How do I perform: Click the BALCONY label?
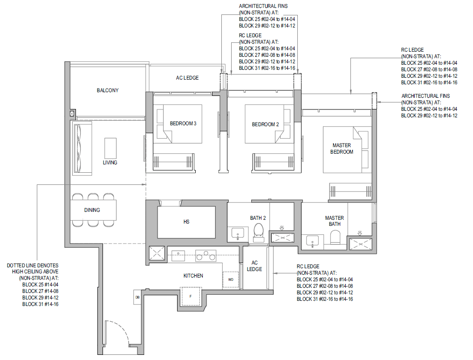107,90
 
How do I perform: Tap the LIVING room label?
110,163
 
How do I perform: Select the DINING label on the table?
92,210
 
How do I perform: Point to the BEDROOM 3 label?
183,123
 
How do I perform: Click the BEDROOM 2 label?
266,124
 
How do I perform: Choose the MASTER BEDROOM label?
342,149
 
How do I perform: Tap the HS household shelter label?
186,222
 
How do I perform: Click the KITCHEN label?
193,276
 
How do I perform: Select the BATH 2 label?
258,218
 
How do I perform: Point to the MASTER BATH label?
334,221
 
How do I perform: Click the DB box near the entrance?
137,297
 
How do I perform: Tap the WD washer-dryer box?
231,279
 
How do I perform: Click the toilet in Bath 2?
259,233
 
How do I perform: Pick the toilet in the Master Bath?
335,238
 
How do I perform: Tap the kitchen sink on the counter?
178,256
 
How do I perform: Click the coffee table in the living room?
110,148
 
